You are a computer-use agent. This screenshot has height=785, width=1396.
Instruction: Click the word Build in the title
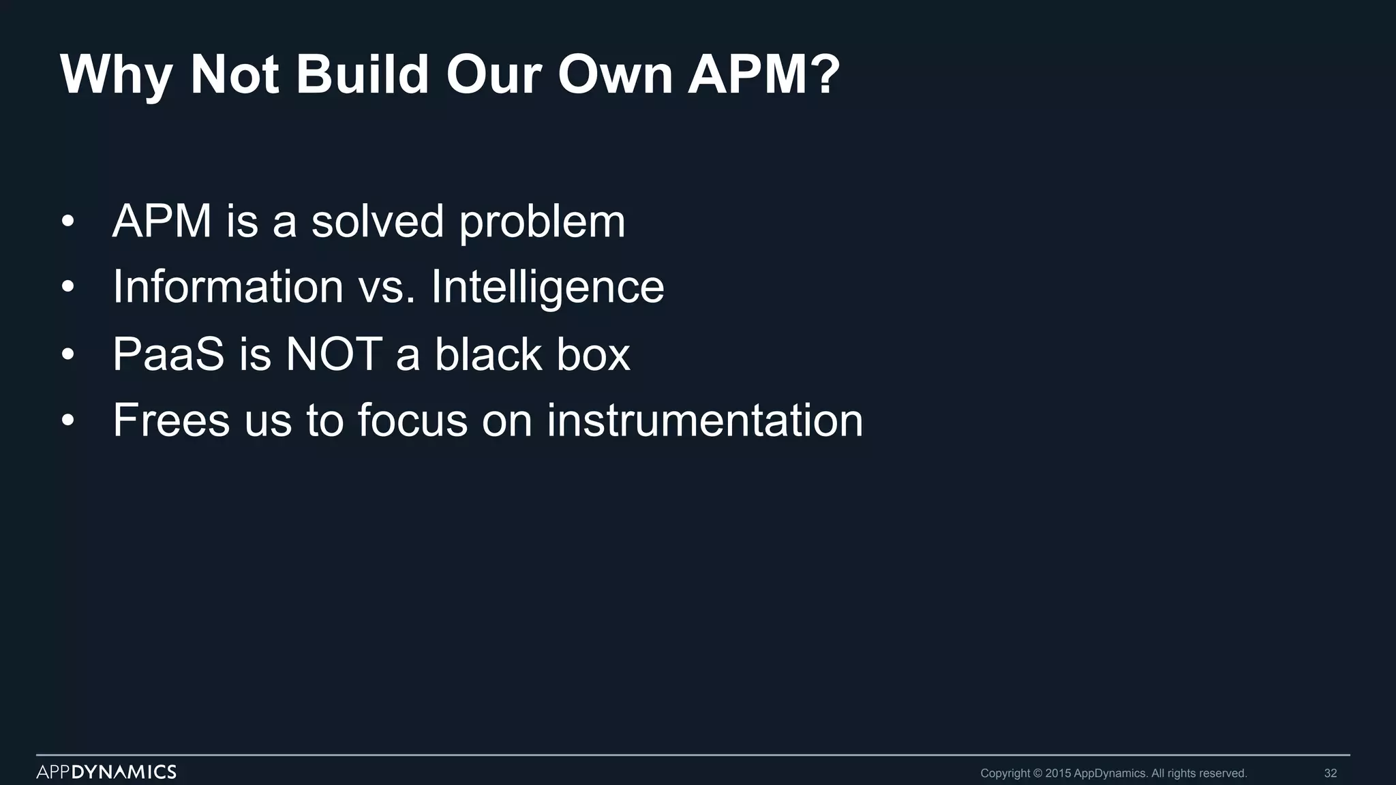click(x=362, y=74)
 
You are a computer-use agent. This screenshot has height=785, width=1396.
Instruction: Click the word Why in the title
click(x=116, y=74)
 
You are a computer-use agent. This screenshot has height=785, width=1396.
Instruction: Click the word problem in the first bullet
click(x=542, y=221)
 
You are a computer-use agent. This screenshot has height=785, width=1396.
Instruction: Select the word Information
click(x=228, y=287)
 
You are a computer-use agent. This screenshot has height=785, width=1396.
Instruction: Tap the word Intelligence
click(x=547, y=287)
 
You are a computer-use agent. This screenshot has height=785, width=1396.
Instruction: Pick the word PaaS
click(x=168, y=354)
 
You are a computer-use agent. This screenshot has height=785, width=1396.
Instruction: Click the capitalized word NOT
click(x=333, y=354)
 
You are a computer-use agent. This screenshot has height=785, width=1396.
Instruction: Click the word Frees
click(x=171, y=420)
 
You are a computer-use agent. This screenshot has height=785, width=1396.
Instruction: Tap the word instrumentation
click(x=705, y=420)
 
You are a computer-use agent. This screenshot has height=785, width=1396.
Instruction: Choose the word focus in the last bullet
click(x=412, y=420)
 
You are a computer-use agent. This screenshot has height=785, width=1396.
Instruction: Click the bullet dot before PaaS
click(x=67, y=355)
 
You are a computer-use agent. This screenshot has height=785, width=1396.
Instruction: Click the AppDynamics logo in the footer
click(x=106, y=772)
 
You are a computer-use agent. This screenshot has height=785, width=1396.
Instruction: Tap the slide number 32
click(x=1330, y=773)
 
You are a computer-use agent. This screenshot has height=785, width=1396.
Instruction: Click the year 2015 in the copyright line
click(x=1058, y=773)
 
